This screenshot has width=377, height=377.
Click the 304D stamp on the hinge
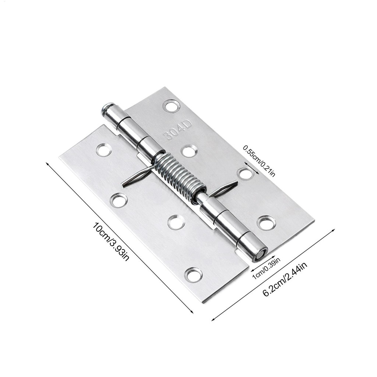point(178,131)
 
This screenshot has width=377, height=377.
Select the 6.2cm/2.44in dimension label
point(285,279)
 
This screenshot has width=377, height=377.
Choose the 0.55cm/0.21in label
point(259,161)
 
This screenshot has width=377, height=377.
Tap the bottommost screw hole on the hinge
point(194,274)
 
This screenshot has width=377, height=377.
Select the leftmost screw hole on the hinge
point(104,149)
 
